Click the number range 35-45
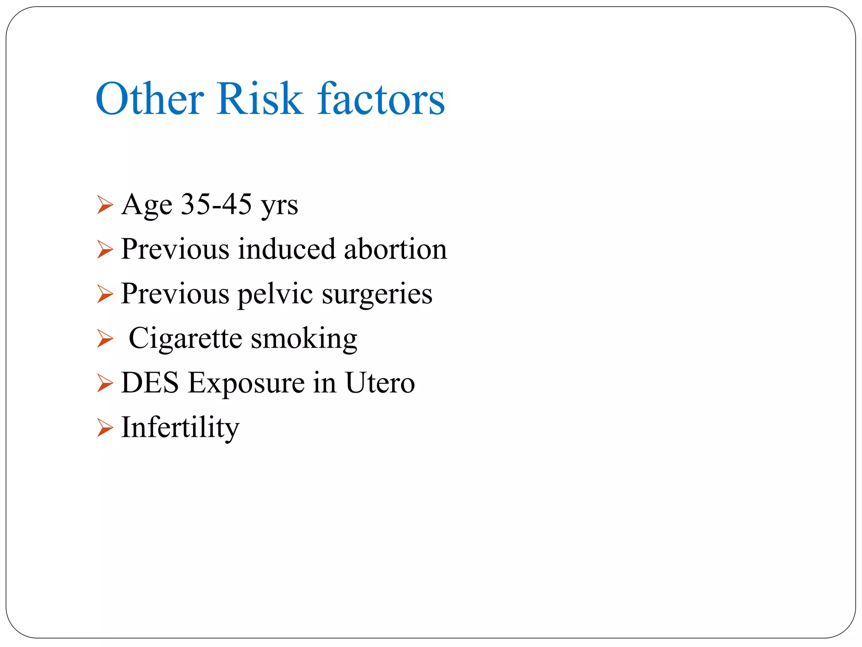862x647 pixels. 216,204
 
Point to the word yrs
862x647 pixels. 279,206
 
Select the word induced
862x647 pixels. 287,249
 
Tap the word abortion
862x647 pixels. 395,249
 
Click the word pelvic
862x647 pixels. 275,294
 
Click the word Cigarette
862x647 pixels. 186,338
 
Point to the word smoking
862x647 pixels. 304,339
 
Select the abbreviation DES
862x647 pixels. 150,383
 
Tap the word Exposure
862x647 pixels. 246,384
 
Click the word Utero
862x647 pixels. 380,383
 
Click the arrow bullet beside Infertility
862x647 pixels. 105,428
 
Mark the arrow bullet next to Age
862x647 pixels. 105,205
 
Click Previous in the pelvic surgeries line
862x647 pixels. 175,294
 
